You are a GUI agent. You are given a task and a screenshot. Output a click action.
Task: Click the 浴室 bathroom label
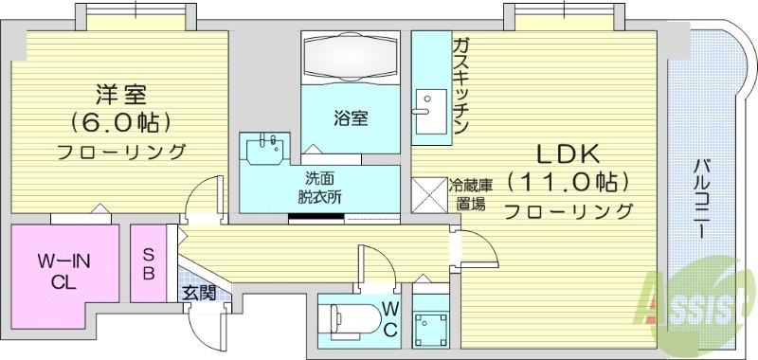pos(351,118)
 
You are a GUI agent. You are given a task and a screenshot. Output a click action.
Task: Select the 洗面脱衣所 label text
pos(318,189)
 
